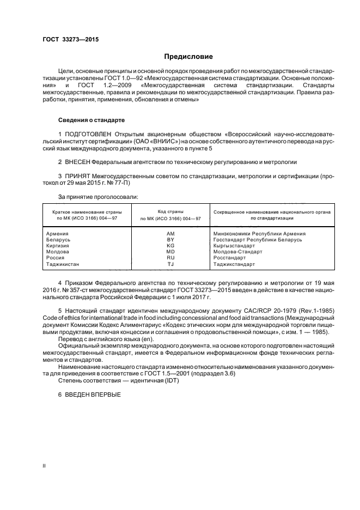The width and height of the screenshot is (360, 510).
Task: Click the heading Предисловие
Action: (x=188, y=57)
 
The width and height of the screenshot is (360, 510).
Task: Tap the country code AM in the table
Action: (x=170, y=234)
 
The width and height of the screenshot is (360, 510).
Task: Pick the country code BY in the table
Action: (x=170, y=240)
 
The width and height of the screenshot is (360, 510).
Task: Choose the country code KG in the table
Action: (x=170, y=246)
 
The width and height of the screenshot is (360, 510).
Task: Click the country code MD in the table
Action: (x=170, y=252)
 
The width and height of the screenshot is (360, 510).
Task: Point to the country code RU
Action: (x=170, y=258)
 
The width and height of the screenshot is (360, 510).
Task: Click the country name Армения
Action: (x=58, y=234)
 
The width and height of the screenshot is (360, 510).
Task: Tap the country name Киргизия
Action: (x=59, y=246)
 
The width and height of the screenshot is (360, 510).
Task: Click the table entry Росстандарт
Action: (x=230, y=258)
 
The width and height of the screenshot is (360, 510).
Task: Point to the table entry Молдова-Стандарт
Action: (x=237, y=252)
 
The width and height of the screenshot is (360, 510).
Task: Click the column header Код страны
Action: (x=170, y=211)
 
